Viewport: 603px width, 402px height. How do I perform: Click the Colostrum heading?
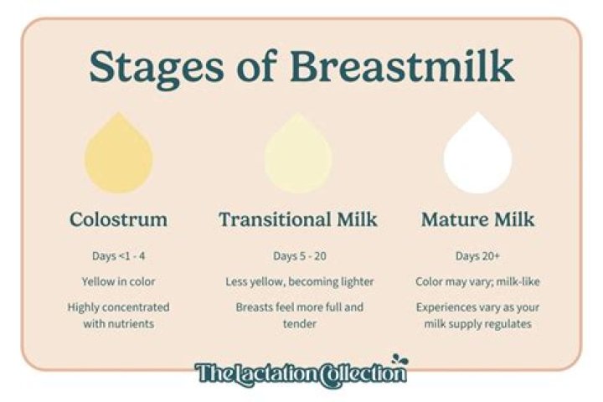pyautogui.click(x=118, y=220)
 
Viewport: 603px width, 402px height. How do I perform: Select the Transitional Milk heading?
pyautogui.click(x=298, y=220)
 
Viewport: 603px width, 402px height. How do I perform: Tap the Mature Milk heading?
pyautogui.click(x=477, y=220)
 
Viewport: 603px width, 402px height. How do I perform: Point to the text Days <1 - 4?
pyautogui.click(x=118, y=255)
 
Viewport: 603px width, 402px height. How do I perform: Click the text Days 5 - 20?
pyautogui.click(x=298, y=255)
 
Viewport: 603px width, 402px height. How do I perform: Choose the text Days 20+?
pyautogui.click(x=477, y=255)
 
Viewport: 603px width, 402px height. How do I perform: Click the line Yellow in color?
pyautogui.click(x=118, y=281)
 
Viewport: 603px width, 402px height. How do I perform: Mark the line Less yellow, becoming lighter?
pyautogui.click(x=298, y=281)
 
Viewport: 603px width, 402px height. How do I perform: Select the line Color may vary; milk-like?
pyautogui.click(x=477, y=281)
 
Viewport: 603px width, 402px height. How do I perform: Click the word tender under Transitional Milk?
pyautogui.click(x=298, y=324)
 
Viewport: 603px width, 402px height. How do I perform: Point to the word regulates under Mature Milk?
pyautogui.click(x=508, y=324)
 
